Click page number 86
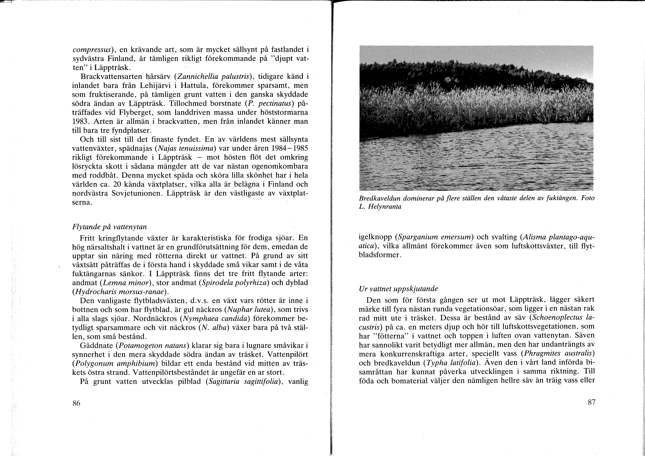(x=76, y=403)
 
